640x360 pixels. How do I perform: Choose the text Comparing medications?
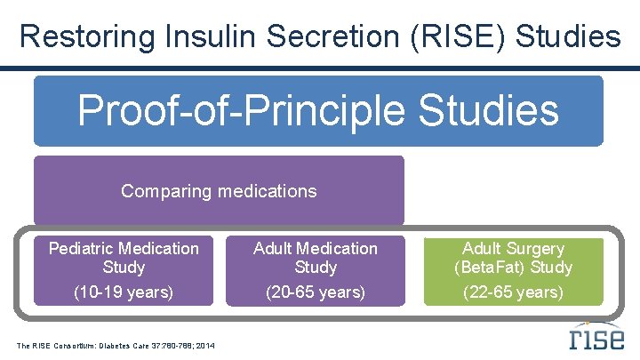pos(219,191)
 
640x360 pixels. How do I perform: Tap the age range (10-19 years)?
pos(124,292)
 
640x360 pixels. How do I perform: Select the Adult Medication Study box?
pos(316,270)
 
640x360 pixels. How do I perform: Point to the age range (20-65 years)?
pos(316,292)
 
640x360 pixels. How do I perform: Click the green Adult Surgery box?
pos(513,270)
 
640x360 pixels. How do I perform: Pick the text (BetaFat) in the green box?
pos(489,268)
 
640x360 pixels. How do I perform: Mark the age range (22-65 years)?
pos(513,292)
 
